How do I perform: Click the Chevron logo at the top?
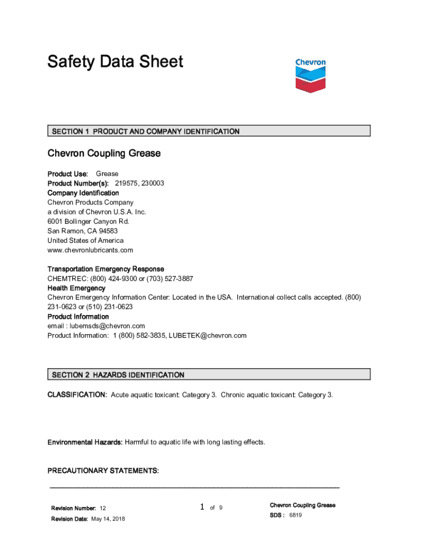[310, 75]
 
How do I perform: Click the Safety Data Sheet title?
[115, 62]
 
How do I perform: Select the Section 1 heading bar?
[208, 131]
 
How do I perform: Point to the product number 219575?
[126, 183]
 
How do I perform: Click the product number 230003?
[153, 183]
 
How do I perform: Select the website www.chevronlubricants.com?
[90, 250]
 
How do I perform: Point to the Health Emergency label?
[76, 288]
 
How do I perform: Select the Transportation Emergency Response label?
[106, 269]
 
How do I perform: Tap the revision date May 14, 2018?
[108, 518]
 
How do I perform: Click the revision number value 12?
[103, 509]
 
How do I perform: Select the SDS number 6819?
[295, 515]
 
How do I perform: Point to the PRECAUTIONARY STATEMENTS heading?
[103, 471]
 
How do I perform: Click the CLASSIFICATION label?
[77, 395]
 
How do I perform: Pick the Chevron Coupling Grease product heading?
[104, 154]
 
